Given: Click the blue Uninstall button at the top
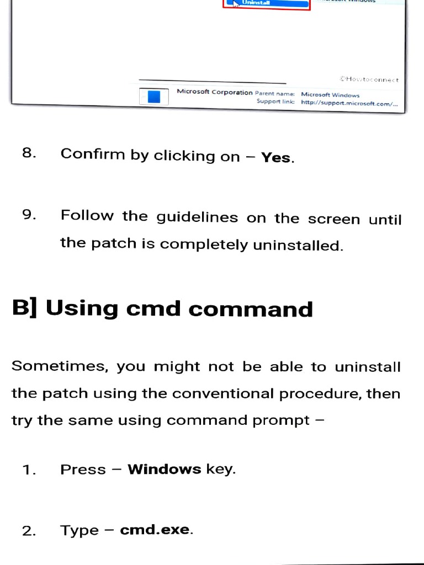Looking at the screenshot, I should click(x=267, y=3).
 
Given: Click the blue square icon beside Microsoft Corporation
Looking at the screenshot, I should click(x=154, y=97).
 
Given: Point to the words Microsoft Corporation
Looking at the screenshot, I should click(x=214, y=92).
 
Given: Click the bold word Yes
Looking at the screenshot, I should click(x=276, y=158).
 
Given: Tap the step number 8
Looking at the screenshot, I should click(x=29, y=153).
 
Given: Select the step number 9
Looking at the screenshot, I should click(x=29, y=215).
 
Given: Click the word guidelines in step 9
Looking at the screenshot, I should click(x=197, y=217).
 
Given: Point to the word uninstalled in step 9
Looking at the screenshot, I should click(x=298, y=246).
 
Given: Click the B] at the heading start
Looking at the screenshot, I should click(x=25, y=308).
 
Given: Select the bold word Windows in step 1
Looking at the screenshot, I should click(x=164, y=470).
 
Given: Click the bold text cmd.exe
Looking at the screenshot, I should click(x=155, y=530).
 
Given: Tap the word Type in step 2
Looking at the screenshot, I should click(x=79, y=531).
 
